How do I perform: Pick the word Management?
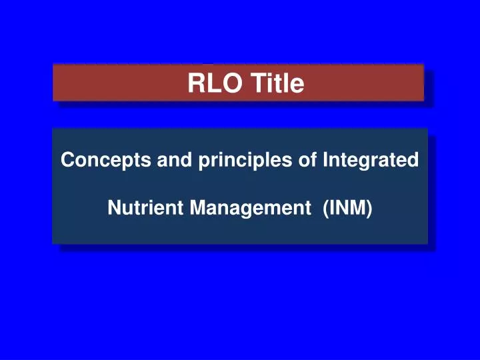[246, 208]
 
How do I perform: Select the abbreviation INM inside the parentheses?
[347, 208]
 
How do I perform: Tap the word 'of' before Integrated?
[307, 161]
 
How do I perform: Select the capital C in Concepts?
[67, 161]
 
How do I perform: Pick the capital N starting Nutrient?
[113, 208]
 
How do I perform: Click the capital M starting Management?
[196, 208]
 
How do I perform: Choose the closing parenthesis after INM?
[369, 208]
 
